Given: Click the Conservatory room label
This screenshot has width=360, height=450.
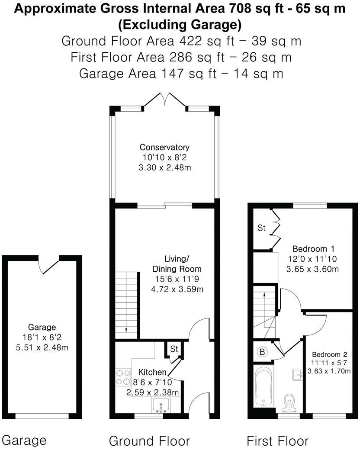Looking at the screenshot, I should coord(164,147).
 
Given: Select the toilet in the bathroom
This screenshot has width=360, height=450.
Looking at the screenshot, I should coord(288,402).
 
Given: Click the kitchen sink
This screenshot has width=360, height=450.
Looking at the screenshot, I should coord(162,405).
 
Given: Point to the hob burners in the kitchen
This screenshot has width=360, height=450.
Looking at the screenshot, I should coord(123,377).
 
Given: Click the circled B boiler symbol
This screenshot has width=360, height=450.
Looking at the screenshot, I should coord(262,352).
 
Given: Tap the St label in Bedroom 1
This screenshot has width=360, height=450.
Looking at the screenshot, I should coord(261,228).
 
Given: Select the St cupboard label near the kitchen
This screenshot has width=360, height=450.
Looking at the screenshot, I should coord(174,349).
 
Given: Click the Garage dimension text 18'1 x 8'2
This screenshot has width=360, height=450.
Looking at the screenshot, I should coord(42,337).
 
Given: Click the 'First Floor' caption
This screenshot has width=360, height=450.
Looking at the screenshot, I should coord(277,441).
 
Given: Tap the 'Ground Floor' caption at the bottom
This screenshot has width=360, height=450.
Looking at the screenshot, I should coord(149,441).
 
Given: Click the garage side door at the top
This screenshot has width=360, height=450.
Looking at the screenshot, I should coord(49,264).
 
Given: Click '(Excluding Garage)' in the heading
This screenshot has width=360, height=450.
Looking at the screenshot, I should coord(180,24).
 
